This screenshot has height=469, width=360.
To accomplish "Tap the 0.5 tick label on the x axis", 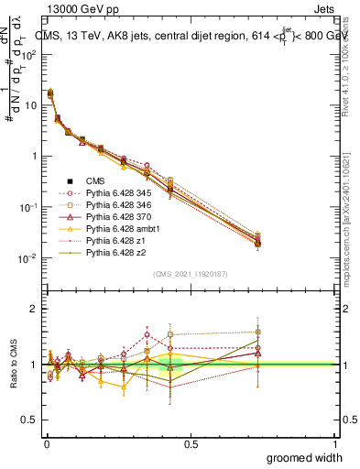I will (x=191, y=443).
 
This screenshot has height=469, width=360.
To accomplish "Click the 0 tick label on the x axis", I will (x=46, y=443).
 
